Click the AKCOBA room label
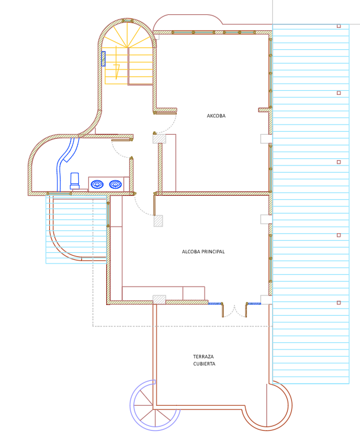click(216, 116)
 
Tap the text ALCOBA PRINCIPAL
click(203, 252)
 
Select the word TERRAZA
click(203, 357)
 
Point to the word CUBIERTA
click(204, 364)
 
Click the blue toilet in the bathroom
click(75, 181)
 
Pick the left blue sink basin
click(97, 185)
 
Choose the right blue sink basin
click(115, 185)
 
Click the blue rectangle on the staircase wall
click(103, 59)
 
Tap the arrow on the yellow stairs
click(117, 72)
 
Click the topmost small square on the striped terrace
click(339, 26)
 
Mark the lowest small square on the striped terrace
click(339, 303)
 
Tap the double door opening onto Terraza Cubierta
click(234, 310)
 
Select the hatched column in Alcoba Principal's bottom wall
click(159, 300)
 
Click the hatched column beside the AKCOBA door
click(159, 139)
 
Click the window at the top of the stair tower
click(128, 21)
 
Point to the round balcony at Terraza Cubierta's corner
click(267, 406)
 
